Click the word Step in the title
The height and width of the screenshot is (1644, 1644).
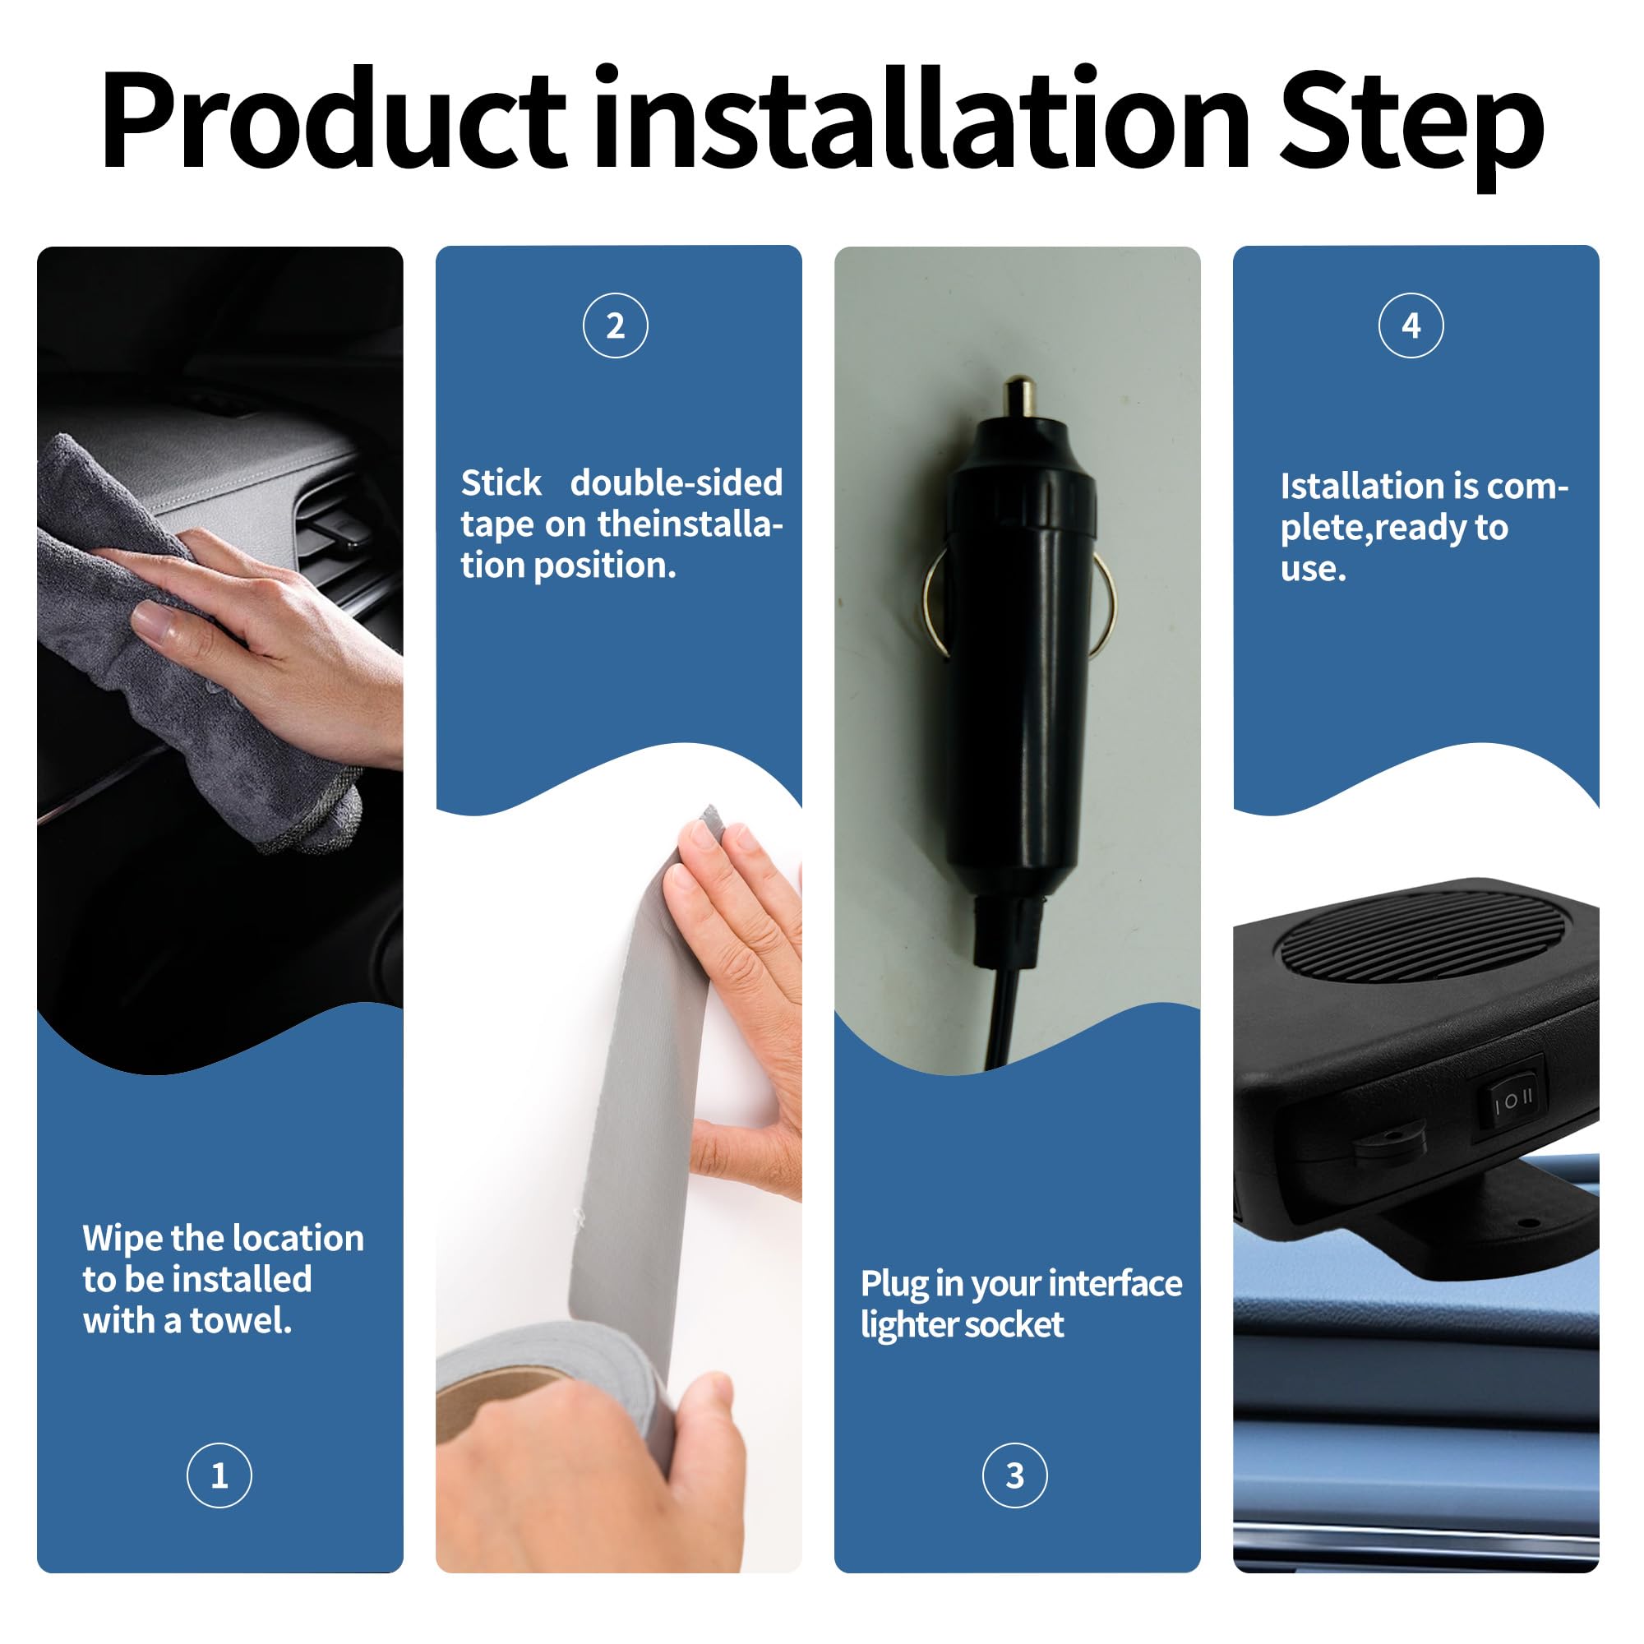click(1411, 127)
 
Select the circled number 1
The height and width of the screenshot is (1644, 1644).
click(219, 1475)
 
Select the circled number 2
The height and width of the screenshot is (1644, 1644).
click(615, 325)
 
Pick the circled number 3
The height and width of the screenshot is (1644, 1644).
click(1014, 1475)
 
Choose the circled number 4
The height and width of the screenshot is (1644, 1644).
click(1411, 325)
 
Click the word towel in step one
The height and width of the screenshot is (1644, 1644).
click(241, 1321)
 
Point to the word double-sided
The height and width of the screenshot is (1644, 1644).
click(677, 483)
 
